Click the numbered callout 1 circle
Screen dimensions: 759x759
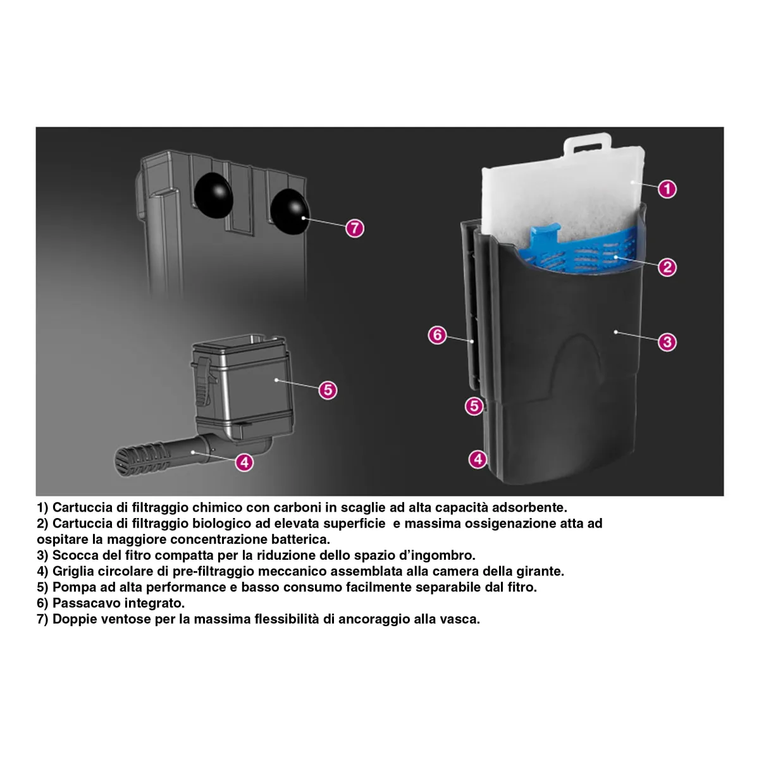667,189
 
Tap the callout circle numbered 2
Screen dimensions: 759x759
667,267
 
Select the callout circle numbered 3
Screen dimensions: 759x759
667,342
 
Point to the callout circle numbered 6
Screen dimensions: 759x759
437,335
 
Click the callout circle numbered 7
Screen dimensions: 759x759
354,228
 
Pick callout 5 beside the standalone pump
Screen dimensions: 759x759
328,390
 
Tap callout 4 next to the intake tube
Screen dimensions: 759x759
244,462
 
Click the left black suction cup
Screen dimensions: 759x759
214,195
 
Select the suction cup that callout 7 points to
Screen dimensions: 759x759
290,211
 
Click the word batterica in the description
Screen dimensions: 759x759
300,539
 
